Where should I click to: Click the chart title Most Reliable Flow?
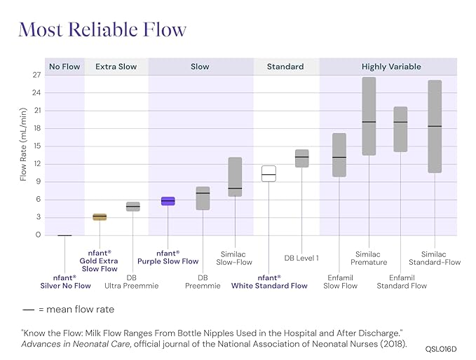click(102, 30)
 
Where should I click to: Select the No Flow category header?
click(64, 67)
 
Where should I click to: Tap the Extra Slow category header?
click(116, 67)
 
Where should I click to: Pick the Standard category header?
click(285, 67)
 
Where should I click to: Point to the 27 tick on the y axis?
click(37, 75)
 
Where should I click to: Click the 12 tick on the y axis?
click(37, 164)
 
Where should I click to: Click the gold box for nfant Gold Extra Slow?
click(100, 217)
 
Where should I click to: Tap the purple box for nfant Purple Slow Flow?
click(168, 201)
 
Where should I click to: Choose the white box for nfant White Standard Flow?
click(268, 174)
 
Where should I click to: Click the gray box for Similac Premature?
click(369, 116)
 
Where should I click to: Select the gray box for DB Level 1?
click(301, 158)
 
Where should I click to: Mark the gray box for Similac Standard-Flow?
click(435, 126)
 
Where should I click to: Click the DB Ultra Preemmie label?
click(132, 281)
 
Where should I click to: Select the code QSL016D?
click(441, 347)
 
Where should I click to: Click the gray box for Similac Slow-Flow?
click(235, 176)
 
